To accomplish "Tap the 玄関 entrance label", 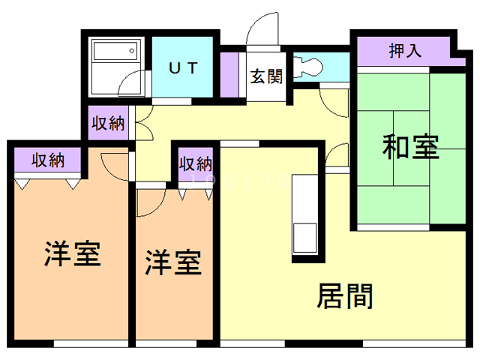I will (x=266, y=76).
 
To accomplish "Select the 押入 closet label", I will (x=404, y=51).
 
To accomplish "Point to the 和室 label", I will (x=410, y=145).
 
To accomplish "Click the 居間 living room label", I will (x=345, y=296).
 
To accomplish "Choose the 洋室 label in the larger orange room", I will (x=72, y=253).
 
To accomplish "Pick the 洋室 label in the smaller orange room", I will (x=172, y=263).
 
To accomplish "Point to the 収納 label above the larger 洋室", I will (x=46, y=159).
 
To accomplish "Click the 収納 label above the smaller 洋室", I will (x=195, y=163).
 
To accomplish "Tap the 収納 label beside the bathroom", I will (x=107, y=124).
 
